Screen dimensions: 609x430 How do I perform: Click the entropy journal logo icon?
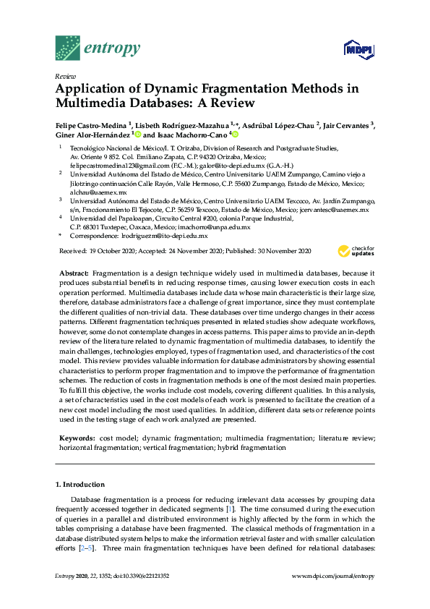coord(68,48)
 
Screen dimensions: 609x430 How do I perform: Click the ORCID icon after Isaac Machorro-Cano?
coord(235,135)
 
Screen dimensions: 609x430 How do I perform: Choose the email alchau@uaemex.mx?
coord(88,193)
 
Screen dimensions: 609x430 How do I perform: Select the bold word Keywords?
coord(76,438)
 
